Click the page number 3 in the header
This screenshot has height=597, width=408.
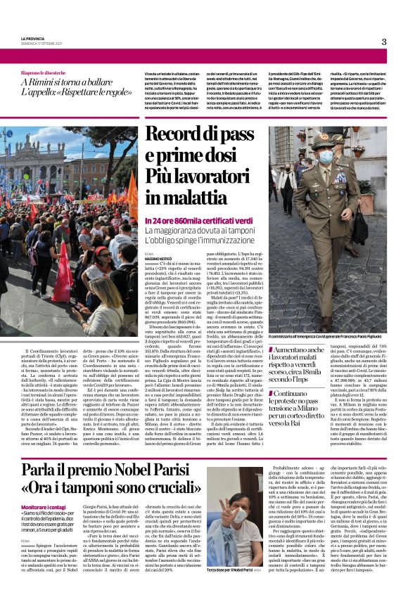point(384,41)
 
